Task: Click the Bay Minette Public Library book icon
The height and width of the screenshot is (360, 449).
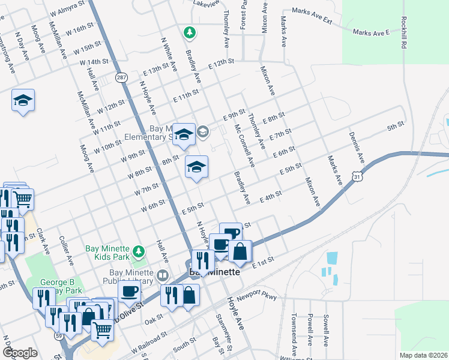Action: point(162,276)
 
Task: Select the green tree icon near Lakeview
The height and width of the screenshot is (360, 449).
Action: point(190,32)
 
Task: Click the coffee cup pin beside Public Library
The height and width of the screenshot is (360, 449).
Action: point(130,292)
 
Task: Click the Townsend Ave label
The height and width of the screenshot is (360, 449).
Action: point(294,334)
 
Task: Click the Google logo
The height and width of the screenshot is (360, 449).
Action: point(20,353)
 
